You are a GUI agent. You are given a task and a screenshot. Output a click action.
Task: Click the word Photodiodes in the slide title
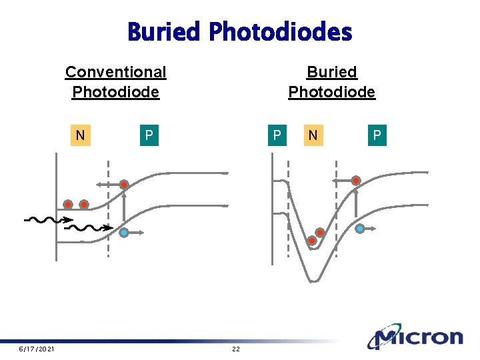click(280, 31)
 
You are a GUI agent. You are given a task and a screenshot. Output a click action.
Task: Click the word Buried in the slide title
click(165, 31)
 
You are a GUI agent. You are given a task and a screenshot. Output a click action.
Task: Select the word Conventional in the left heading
click(115, 71)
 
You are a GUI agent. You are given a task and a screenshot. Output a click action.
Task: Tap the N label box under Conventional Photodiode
click(80, 135)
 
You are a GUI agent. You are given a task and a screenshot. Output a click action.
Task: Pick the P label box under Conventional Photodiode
click(149, 135)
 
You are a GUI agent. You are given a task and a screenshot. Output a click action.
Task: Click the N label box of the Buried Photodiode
click(312, 135)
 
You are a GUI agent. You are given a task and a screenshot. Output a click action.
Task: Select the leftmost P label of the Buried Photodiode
click(276, 135)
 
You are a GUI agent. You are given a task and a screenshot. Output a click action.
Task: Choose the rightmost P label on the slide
click(377, 135)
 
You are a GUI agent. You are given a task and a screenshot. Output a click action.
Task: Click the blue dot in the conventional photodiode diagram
click(125, 232)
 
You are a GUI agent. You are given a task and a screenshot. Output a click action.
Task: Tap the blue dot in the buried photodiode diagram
click(360, 229)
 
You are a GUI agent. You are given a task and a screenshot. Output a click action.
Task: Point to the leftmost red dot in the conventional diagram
click(68, 205)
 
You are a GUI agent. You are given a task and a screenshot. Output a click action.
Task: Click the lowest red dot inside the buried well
click(311, 240)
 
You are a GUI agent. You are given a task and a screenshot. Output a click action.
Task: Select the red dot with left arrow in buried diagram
click(357, 181)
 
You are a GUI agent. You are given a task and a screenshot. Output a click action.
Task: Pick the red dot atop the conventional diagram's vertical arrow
click(124, 185)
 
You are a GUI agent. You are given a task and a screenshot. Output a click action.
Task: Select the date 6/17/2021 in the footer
click(37, 349)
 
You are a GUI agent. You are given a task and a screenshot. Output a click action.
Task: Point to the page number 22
click(235, 349)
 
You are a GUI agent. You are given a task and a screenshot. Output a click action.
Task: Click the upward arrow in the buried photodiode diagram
click(356, 203)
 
